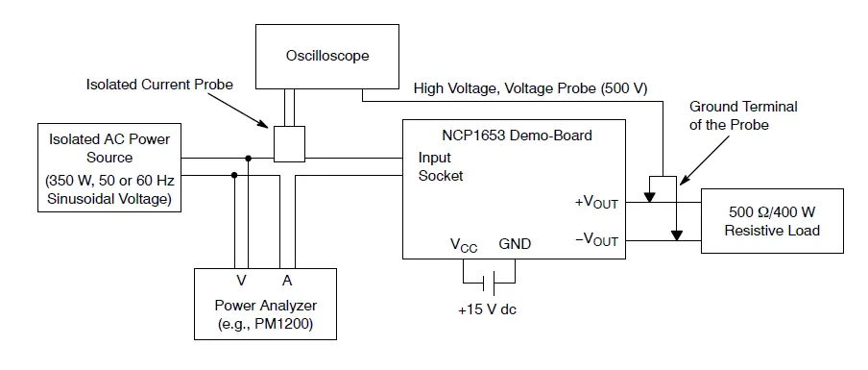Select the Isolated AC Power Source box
click(108, 164)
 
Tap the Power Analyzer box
click(266, 304)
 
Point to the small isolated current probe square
click(289, 144)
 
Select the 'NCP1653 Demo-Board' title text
click(513, 136)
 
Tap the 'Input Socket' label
click(441, 166)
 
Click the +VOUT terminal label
click(595, 204)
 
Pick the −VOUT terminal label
click(595, 239)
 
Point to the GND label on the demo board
click(515, 245)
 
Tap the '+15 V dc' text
click(489, 309)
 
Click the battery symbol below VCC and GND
click(489, 283)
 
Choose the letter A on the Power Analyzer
click(287, 282)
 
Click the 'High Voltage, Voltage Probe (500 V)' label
click(530, 88)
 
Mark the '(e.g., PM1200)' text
click(266, 326)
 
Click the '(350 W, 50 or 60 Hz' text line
click(108, 182)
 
